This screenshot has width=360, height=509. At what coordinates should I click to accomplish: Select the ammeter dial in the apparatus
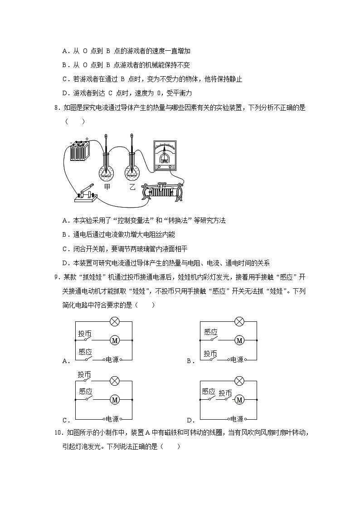click(x=165, y=154)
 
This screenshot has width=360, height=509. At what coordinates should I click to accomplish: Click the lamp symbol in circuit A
click(x=115, y=322)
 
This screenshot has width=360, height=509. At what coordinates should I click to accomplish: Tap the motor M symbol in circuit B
click(x=239, y=340)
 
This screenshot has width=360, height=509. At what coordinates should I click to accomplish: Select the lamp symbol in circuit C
click(x=115, y=381)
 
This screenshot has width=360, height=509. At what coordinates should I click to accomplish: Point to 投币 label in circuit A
click(x=85, y=334)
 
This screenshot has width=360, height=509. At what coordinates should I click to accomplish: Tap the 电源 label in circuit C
click(x=112, y=419)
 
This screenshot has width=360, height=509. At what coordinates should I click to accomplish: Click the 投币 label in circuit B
click(x=210, y=353)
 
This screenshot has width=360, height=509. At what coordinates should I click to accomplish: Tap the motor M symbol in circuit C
click(x=115, y=400)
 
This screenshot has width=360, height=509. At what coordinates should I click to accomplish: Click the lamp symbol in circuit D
click(x=239, y=381)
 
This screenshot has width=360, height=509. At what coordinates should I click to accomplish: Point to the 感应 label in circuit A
click(x=85, y=352)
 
